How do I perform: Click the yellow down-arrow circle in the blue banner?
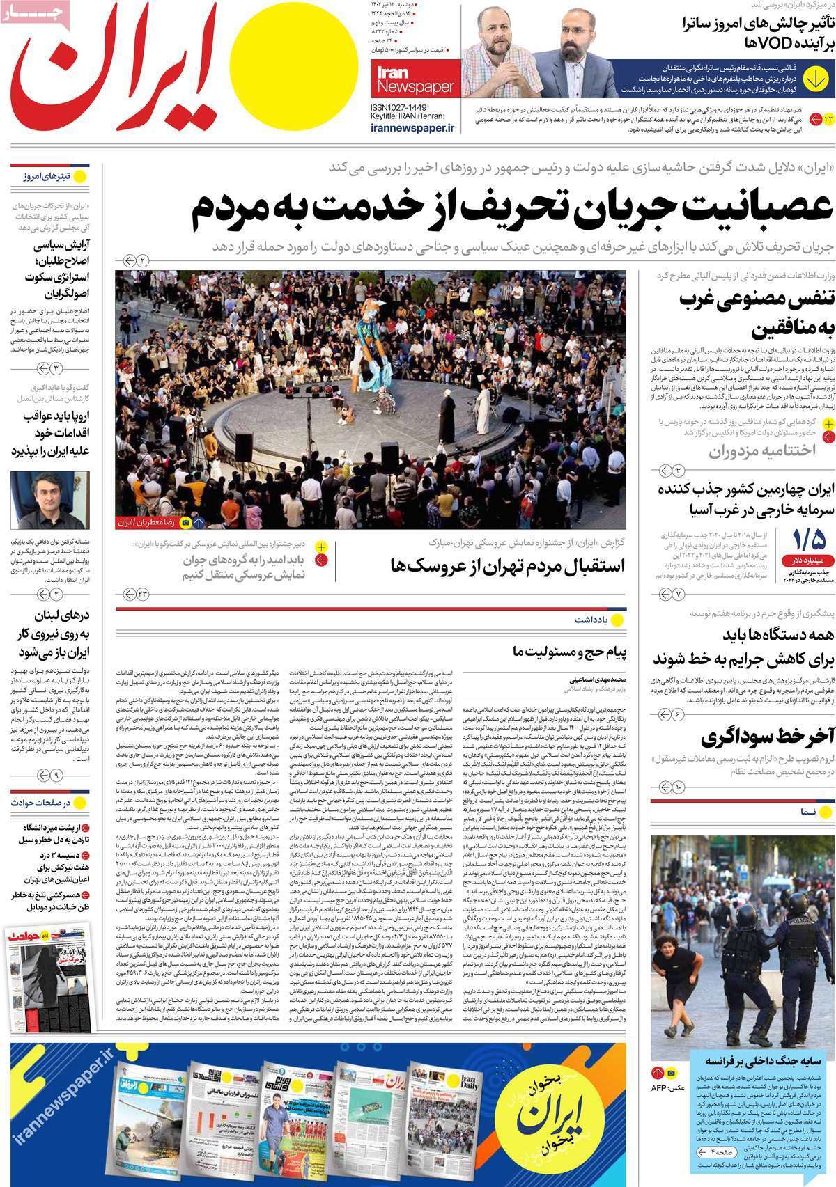point(814,77)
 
